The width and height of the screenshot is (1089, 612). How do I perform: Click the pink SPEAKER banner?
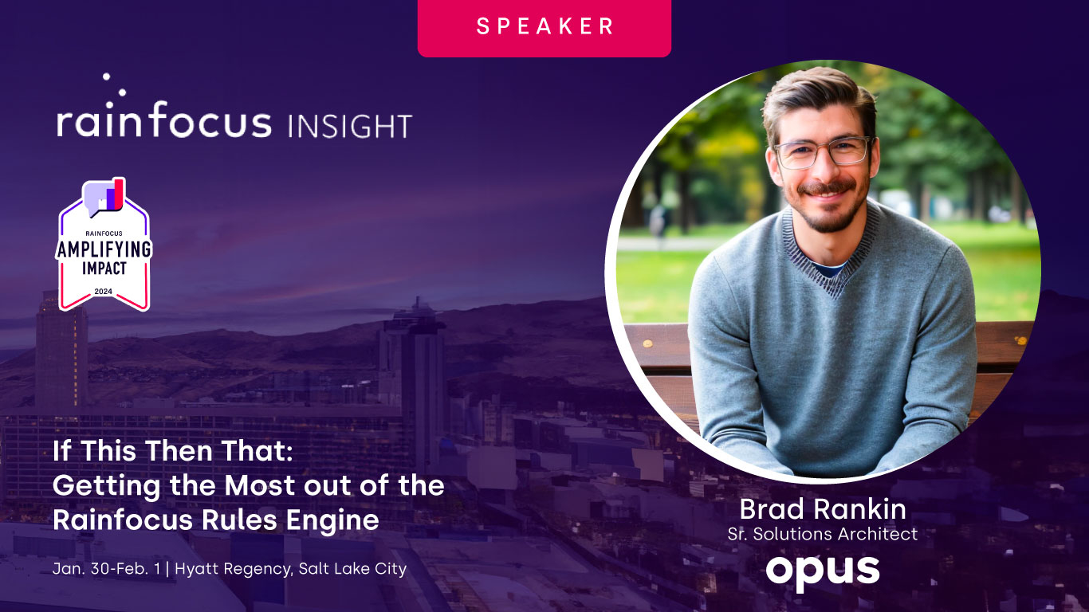(544, 25)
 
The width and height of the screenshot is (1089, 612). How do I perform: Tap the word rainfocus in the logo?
(163, 124)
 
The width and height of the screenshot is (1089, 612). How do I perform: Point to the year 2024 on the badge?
(104, 291)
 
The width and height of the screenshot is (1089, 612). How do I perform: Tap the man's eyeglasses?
(823, 151)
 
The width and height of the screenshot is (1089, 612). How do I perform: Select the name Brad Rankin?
(822, 508)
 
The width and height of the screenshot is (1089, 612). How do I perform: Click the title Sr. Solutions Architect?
(822, 534)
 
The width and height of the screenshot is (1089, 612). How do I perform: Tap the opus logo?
(822, 570)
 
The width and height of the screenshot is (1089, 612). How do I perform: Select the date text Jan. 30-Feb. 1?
(109, 569)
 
